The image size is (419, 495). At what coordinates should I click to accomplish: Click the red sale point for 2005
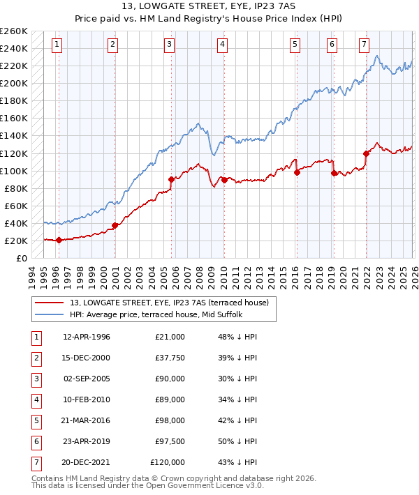click(171, 179)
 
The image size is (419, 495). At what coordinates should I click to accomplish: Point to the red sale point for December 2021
click(366, 153)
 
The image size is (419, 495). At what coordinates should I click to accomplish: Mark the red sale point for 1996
click(59, 240)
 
